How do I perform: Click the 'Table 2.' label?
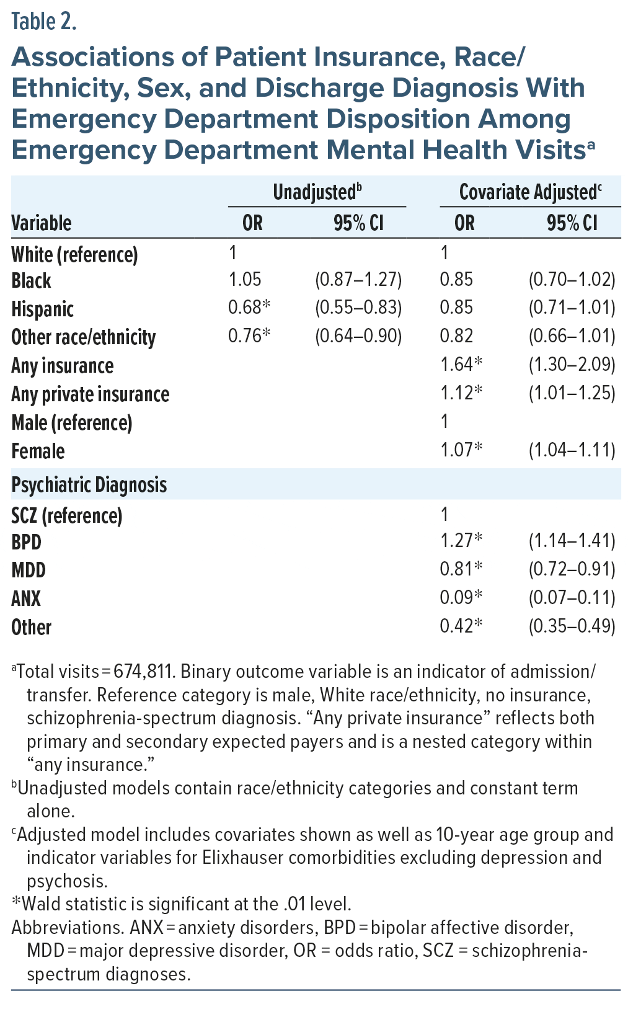pyautogui.click(x=44, y=22)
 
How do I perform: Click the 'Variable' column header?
pyautogui.click(x=42, y=223)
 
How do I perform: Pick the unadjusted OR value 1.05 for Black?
pyautogui.click(x=245, y=280)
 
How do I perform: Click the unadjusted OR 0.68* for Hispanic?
pyautogui.click(x=249, y=308)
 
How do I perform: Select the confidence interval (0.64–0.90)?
pyautogui.click(x=358, y=336)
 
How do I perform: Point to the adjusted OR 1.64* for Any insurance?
pyautogui.click(x=461, y=365)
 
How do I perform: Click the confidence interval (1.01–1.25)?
pyautogui.click(x=572, y=393)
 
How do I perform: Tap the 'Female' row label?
pyautogui.click(x=38, y=451)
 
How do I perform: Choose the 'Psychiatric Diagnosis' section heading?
pyautogui.click(x=89, y=485)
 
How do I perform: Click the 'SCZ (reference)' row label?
pyautogui.click(x=67, y=515)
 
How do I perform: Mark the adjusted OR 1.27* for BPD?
pyautogui.click(x=461, y=541)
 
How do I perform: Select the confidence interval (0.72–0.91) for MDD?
pyautogui.click(x=572, y=569)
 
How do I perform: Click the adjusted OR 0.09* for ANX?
pyautogui.click(x=461, y=597)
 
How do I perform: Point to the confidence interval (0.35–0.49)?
pyautogui.click(x=572, y=626)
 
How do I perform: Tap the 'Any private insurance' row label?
pyautogui.click(x=91, y=394)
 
